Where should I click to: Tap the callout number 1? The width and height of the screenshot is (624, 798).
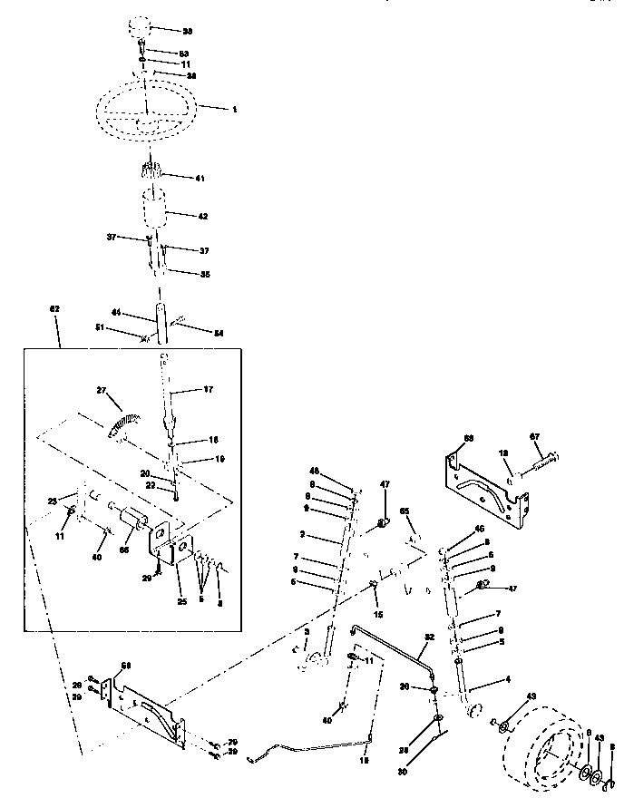233,109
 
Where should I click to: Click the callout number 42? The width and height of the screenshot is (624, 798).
202,216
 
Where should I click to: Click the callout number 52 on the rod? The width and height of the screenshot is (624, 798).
429,637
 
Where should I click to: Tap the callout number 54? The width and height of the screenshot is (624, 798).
218,334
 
